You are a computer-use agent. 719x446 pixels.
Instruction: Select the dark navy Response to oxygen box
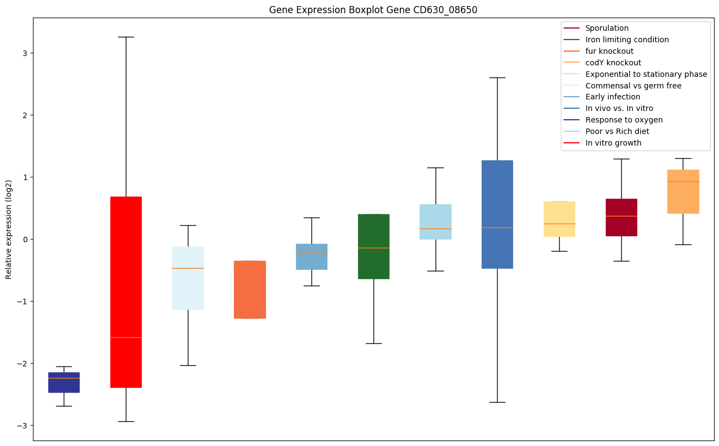(x=64, y=383)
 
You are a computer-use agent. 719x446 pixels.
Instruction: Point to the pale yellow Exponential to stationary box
(x=559, y=211)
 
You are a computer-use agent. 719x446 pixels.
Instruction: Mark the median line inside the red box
(x=126, y=337)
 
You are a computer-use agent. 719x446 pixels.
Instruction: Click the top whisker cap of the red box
(x=126, y=37)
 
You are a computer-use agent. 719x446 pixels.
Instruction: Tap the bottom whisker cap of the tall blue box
(x=497, y=402)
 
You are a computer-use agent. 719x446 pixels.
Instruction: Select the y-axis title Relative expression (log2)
(x=9, y=229)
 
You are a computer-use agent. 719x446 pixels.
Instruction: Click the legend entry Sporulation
(x=607, y=28)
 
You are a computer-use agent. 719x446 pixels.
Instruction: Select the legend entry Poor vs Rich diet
(x=617, y=131)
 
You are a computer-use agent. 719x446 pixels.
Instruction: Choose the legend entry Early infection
(x=612, y=97)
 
